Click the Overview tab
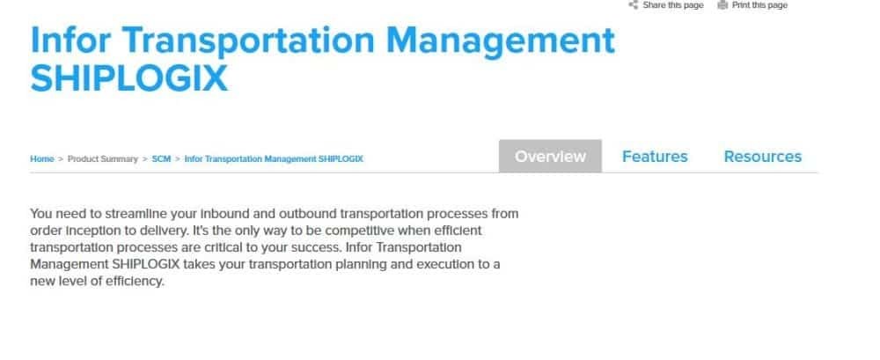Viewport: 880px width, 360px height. (550, 156)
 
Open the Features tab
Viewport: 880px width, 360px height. (655, 156)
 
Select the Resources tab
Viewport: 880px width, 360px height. (763, 156)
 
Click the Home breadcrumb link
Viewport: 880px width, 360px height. (42, 159)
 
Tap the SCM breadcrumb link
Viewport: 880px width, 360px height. (161, 159)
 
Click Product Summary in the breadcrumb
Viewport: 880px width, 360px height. (103, 159)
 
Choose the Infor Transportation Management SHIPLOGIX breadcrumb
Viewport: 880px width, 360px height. (274, 159)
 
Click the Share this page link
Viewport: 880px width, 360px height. (673, 5)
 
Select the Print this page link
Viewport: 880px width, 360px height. (759, 5)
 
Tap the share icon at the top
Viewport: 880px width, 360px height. (633, 5)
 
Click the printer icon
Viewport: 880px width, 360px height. (722, 5)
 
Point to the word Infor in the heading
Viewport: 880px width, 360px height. (70, 40)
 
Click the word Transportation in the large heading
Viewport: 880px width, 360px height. (248, 41)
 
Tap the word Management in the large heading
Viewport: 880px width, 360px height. (501, 41)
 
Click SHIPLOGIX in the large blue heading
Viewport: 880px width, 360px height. (129, 78)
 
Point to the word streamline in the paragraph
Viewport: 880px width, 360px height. (126, 214)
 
